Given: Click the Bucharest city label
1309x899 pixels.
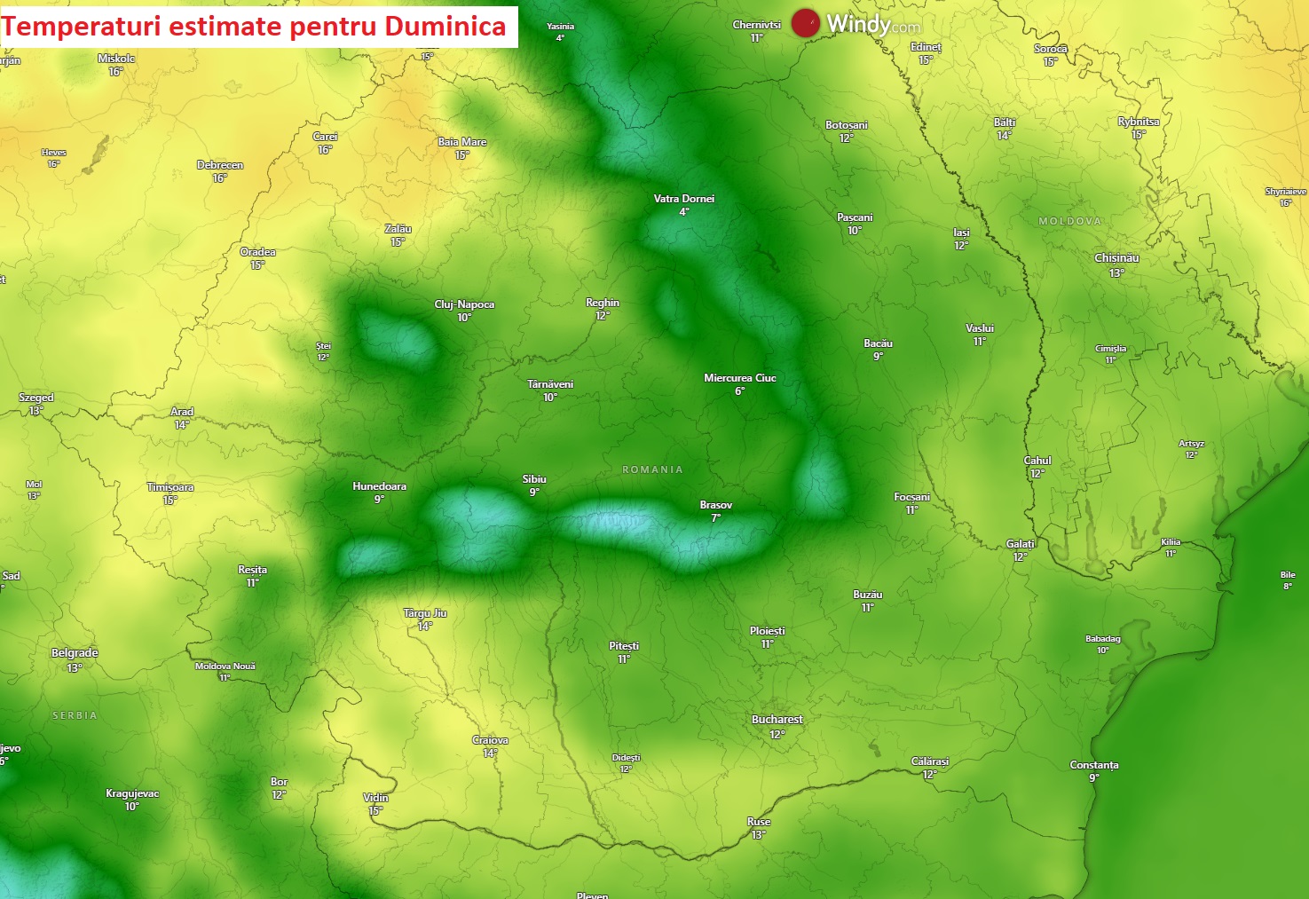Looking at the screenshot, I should point(777,720).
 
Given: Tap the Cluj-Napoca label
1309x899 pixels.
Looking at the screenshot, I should point(464,304).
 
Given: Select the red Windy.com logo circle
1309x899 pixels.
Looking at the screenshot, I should point(805,23).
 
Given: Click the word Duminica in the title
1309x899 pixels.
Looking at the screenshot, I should point(445,27).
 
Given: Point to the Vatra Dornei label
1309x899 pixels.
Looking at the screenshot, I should point(683,199).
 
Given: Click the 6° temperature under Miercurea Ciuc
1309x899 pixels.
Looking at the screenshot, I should point(739,391).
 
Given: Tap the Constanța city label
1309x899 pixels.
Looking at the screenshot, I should point(1093,765).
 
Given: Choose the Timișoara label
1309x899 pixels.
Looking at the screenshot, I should point(170,487).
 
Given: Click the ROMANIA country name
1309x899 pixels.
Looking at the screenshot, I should point(652,469).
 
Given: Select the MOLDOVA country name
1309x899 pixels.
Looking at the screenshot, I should point(1069,221).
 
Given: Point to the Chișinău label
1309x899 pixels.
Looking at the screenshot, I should point(1116,258).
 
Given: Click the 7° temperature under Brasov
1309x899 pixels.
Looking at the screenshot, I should point(715,518).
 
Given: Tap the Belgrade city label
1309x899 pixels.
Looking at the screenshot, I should point(75,653).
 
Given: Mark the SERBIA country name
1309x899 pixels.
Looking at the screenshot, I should point(75,715).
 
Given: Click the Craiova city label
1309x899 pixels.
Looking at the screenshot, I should point(490,740).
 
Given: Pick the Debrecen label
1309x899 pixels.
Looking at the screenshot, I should point(219,165).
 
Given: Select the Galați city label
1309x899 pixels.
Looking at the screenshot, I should point(1021,544).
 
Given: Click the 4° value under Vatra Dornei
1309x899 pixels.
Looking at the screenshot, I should point(683,212).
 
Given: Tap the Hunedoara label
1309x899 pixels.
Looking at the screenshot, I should point(379,486).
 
